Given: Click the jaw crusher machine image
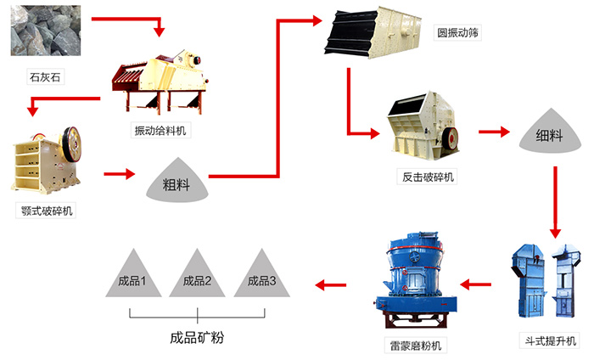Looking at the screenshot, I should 48,160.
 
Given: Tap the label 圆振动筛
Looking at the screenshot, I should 459,33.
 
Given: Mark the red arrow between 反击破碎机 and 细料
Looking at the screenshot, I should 493,132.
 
